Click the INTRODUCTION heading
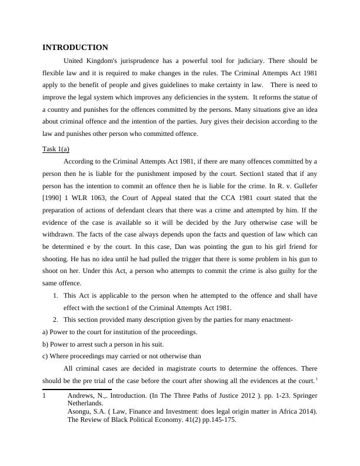pos(75,48)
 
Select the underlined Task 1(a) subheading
pos(56,149)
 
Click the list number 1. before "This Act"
pos(56,295)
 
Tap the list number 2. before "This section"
pos(56,319)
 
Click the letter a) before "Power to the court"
pos(46,332)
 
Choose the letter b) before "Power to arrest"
pos(46,344)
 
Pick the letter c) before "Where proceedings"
pos(46,356)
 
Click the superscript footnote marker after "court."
pos(316,378)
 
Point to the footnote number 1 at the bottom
pos(45,396)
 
